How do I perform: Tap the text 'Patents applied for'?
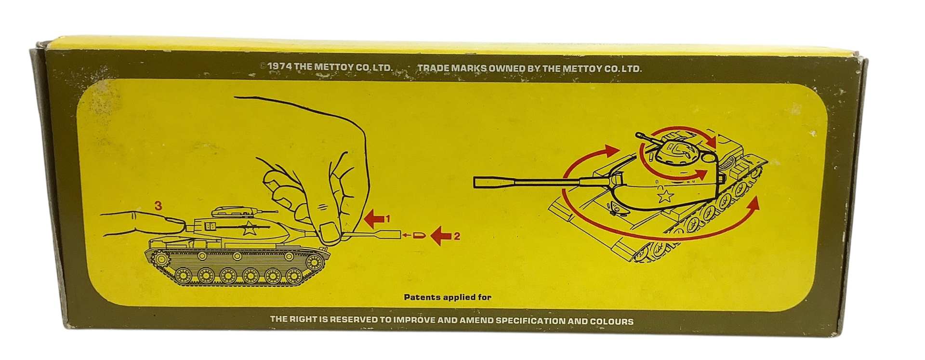point(448,297)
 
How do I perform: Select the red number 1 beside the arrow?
point(388,219)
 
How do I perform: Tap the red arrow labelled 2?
point(441,236)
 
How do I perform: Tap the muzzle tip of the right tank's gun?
point(476,182)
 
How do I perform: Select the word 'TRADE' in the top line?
point(432,68)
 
